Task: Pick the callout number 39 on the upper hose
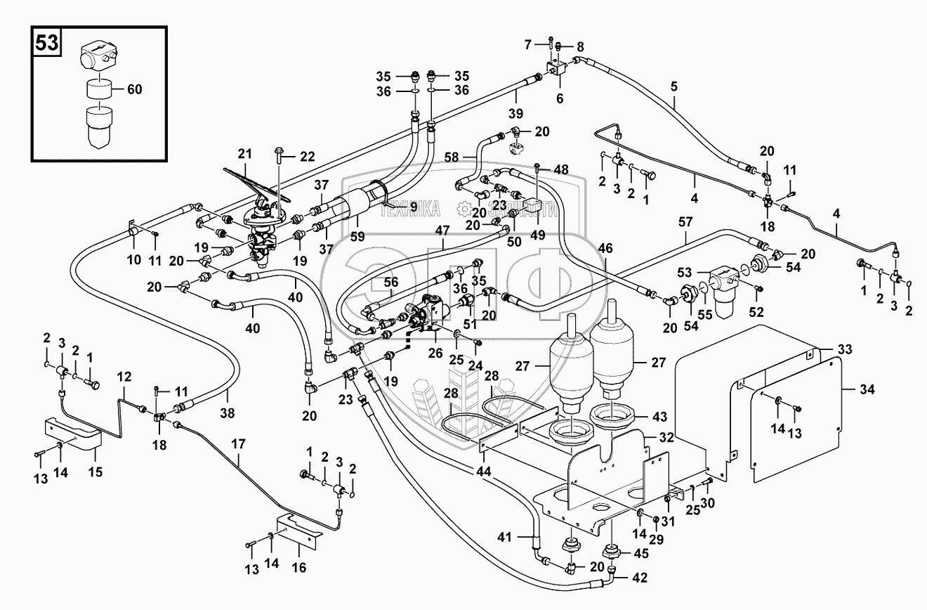click(x=517, y=115)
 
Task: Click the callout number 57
click(x=685, y=222)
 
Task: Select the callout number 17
click(x=239, y=444)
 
